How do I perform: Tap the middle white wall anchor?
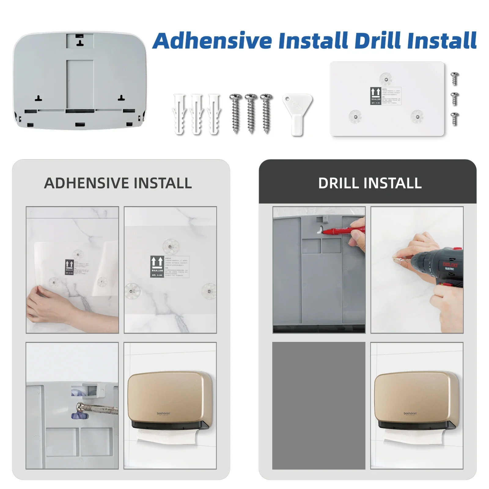[x=197, y=114]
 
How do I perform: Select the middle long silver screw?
[x=251, y=113]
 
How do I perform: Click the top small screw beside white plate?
[x=455, y=79]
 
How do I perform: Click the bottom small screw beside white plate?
[x=455, y=119]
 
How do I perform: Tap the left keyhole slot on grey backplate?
[x=38, y=98]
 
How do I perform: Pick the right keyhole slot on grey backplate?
[x=122, y=98]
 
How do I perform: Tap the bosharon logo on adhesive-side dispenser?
[x=163, y=413]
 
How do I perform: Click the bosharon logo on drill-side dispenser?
[x=410, y=413]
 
